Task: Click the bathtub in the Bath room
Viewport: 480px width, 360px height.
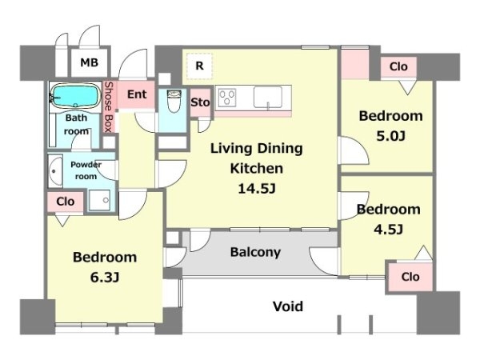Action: tap(75, 95)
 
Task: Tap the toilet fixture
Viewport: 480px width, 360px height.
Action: tap(174, 101)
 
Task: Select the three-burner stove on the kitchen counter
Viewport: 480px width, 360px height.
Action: tap(227, 98)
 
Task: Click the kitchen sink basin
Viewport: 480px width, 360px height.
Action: tap(268, 97)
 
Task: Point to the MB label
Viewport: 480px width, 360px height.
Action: tap(90, 62)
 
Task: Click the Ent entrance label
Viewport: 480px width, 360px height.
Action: tap(137, 94)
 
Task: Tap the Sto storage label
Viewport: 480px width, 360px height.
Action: tap(200, 102)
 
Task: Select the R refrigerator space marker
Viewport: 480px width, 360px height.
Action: tap(199, 66)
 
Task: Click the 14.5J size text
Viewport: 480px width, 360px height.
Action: tap(257, 189)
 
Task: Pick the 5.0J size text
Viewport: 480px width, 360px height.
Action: tap(391, 136)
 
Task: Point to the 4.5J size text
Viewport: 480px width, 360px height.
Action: tap(388, 229)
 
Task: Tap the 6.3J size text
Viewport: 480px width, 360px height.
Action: tap(105, 278)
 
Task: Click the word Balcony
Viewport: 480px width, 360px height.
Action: tap(255, 252)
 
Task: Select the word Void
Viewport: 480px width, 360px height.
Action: tap(288, 306)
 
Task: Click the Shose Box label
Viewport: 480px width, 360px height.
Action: tap(108, 107)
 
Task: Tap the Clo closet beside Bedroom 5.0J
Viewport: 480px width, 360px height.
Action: tap(398, 66)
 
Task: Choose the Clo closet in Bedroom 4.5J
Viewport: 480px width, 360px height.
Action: tap(410, 277)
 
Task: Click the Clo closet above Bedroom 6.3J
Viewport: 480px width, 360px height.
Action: tap(66, 202)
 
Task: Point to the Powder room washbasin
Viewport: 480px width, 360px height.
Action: tap(55, 171)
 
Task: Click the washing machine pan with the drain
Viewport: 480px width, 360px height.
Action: tap(99, 200)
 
